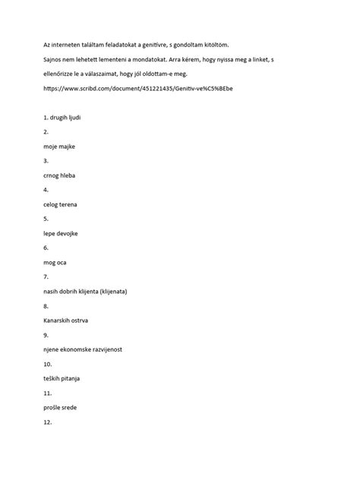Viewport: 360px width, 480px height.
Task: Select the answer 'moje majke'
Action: tap(60, 147)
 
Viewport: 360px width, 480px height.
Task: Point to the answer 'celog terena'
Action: tap(62, 204)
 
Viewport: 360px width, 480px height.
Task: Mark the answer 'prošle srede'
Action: tap(61, 406)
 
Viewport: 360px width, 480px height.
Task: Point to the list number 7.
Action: tap(46, 276)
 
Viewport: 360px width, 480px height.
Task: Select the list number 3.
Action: tap(46, 161)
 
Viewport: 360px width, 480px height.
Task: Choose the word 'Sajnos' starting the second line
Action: tap(55, 59)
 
